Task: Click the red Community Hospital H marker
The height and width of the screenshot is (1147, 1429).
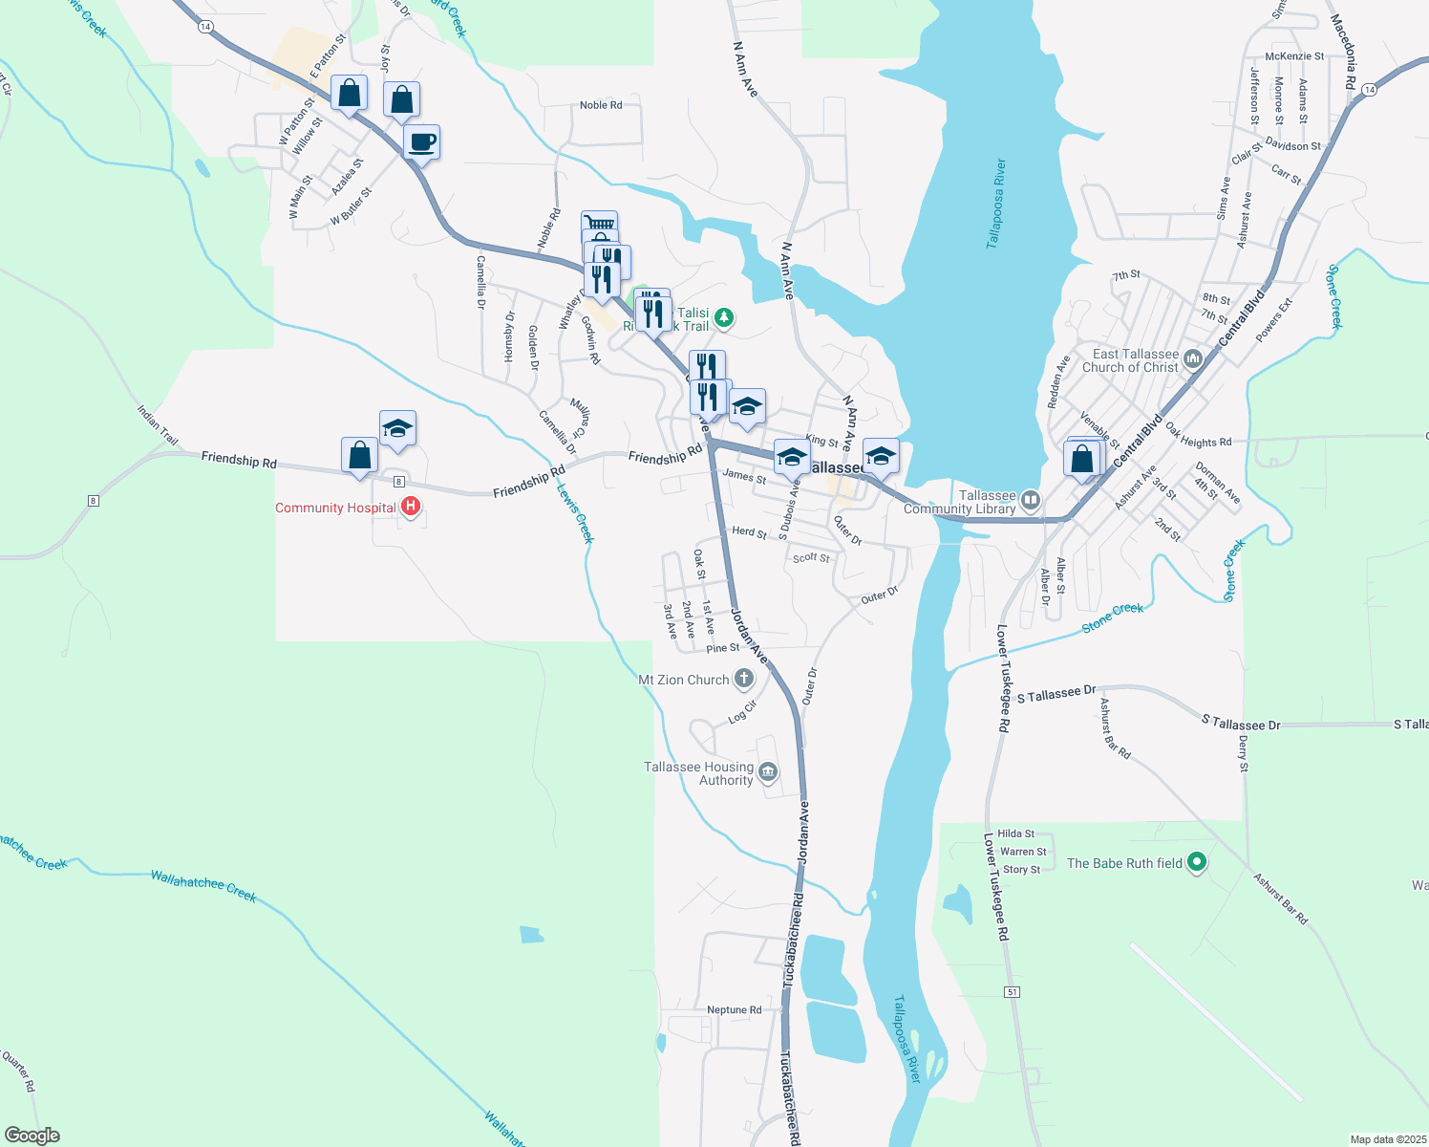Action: pyautogui.click(x=411, y=507)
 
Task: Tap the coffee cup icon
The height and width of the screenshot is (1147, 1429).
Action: pyautogui.click(x=422, y=143)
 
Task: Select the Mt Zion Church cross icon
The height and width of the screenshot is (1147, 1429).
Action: pyautogui.click(x=743, y=680)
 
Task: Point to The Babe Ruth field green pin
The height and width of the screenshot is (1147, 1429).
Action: pyautogui.click(x=1197, y=863)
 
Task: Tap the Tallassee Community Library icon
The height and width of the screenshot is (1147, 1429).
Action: pyautogui.click(x=1030, y=501)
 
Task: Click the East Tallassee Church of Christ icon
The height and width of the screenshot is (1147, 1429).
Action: pyautogui.click(x=1192, y=359)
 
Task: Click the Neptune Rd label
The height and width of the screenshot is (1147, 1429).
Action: pyautogui.click(x=734, y=1009)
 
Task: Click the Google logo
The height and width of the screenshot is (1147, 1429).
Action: pyautogui.click(x=32, y=1136)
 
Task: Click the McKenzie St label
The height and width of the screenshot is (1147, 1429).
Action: pyautogui.click(x=1294, y=56)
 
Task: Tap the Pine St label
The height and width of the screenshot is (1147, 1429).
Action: pyautogui.click(x=722, y=648)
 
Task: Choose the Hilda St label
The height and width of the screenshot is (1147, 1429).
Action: pyautogui.click(x=1015, y=833)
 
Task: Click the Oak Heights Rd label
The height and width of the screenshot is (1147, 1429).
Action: pyautogui.click(x=1198, y=442)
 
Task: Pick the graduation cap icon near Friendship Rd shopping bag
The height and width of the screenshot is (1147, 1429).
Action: pyautogui.click(x=397, y=429)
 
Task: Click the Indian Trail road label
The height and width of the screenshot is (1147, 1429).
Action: pyautogui.click(x=158, y=425)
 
